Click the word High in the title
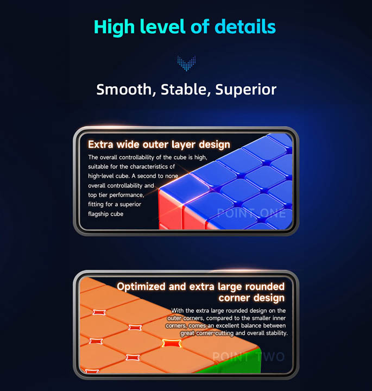tap(114, 27)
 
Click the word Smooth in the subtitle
tap(126, 90)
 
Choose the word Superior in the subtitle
tap(246, 90)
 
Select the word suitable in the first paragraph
tap(98, 166)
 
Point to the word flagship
tap(98, 214)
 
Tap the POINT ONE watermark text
tap(251, 213)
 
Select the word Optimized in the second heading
tap(141, 287)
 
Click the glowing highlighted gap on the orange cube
tap(172, 343)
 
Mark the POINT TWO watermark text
tap(248, 357)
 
